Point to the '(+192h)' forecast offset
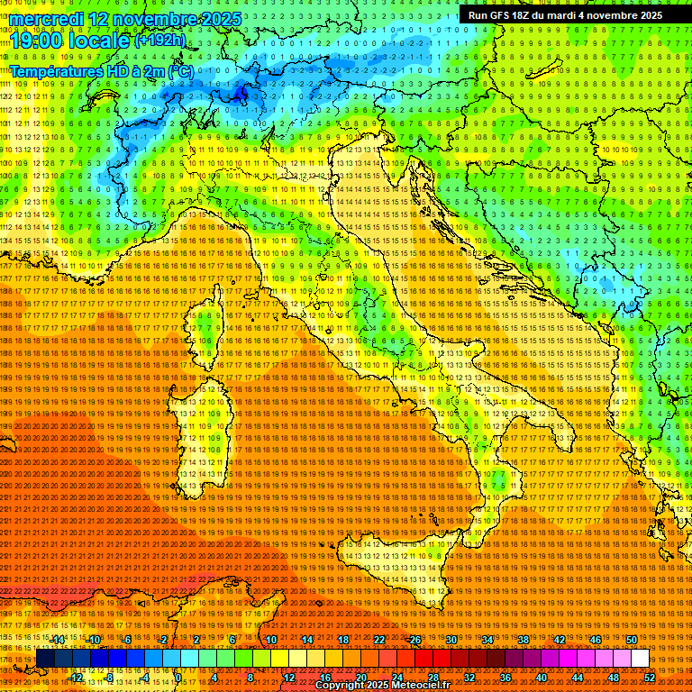160,40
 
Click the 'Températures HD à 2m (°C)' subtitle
101,70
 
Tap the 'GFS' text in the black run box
498,15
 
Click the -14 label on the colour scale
59,640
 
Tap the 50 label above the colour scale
631,640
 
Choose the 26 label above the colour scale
415,640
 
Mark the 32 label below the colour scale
469,677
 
